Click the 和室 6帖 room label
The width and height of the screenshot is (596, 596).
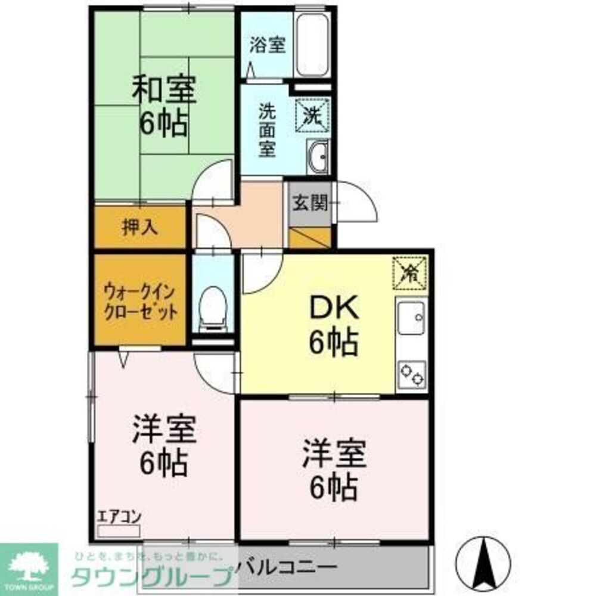163,107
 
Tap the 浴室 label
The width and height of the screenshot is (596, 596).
268,45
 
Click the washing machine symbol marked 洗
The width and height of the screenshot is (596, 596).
313,113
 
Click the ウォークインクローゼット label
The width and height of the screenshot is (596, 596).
140,302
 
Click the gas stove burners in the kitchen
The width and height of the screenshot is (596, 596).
412,374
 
